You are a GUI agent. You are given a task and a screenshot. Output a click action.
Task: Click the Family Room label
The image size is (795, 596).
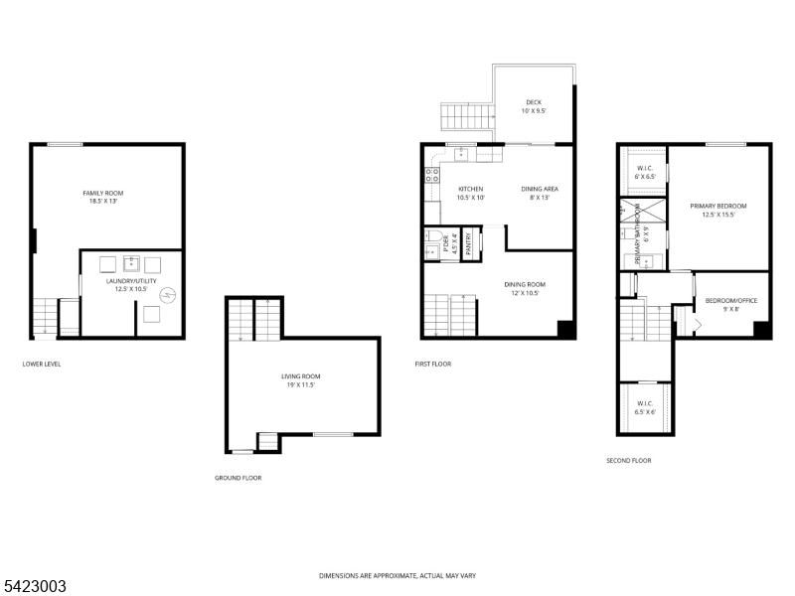pos(103,197)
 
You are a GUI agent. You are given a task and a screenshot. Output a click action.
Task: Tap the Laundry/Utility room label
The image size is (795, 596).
pos(132,285)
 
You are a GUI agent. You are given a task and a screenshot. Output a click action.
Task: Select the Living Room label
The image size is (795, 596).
pos(300,380)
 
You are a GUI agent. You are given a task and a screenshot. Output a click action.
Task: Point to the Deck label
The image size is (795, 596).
pos(534,106)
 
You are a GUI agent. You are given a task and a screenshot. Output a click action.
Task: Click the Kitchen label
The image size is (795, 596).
pos(471,193)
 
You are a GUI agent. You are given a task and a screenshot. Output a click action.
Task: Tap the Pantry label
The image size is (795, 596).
pos(468,245)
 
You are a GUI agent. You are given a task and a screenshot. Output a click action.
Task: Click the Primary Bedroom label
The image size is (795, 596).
pos(718,210)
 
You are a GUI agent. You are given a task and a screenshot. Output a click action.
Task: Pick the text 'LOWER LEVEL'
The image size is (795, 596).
pos(42,364)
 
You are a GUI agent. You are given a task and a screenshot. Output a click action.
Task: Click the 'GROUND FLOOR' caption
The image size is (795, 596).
pos(238,478)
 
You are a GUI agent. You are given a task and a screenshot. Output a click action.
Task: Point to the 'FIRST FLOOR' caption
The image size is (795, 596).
pos(433,364)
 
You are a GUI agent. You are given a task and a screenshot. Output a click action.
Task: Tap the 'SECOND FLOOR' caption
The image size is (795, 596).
pos(629,461)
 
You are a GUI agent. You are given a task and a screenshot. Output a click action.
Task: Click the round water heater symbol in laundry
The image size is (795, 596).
pos(168,294)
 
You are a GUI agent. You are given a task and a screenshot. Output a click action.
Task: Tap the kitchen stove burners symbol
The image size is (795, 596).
pos(432,177)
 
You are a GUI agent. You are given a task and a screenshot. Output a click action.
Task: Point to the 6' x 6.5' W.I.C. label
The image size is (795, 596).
pos(644,171)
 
